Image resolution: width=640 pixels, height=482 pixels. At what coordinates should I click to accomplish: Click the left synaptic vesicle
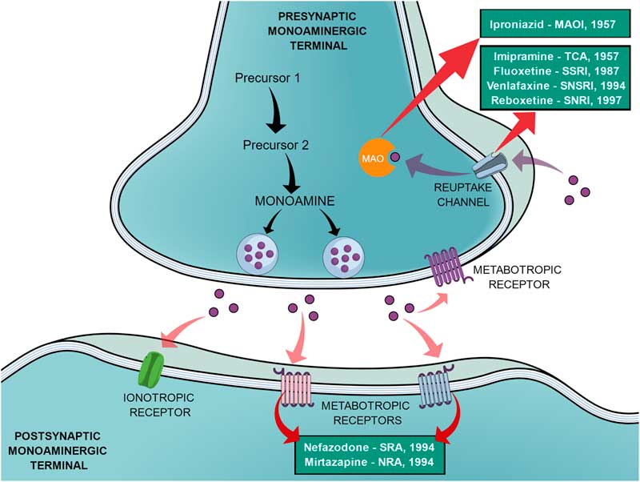258,255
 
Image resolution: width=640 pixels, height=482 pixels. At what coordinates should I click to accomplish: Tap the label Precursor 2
274,147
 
